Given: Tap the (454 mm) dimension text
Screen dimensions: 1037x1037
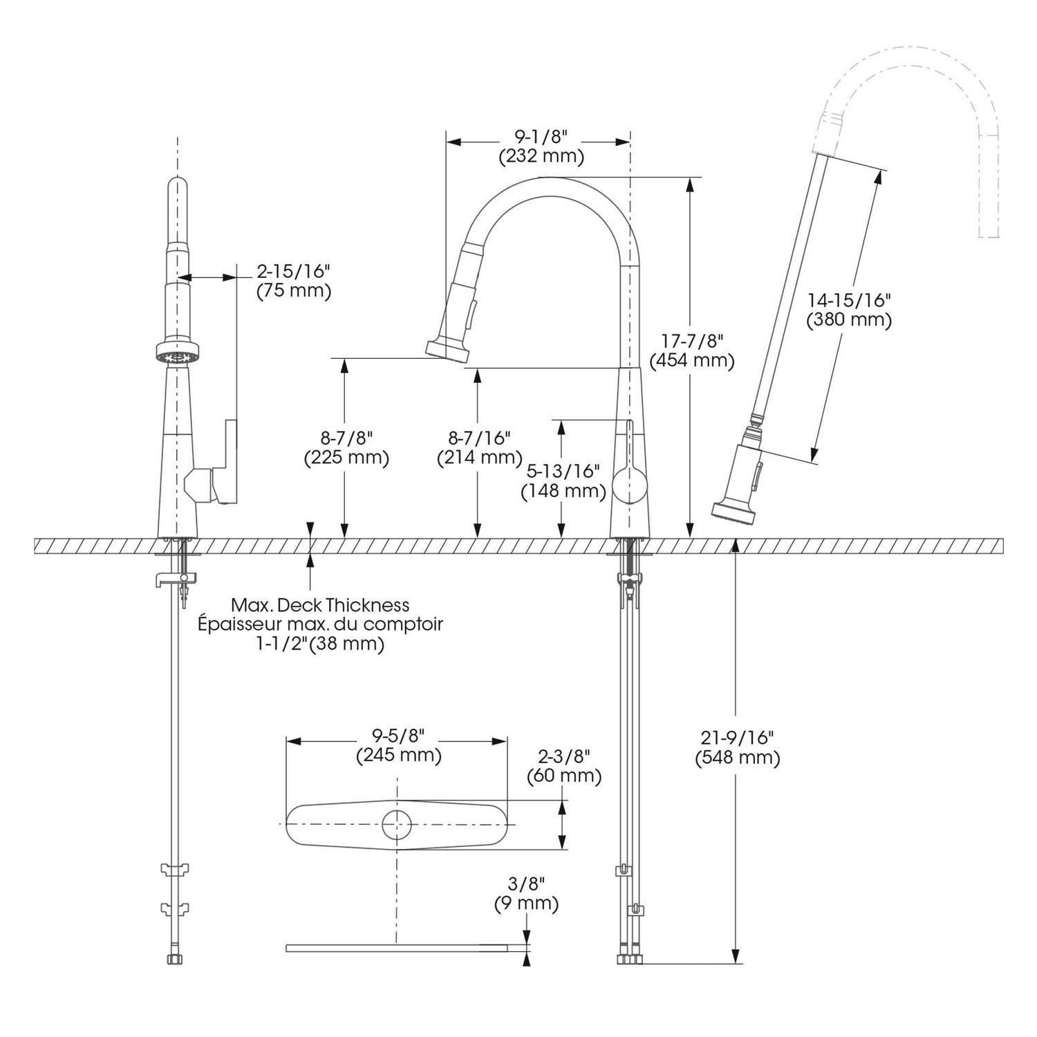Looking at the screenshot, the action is [692, 359].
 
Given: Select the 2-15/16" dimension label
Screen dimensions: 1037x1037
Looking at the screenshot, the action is [294, 270].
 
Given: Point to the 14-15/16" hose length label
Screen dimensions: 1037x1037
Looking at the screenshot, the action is [849, 300].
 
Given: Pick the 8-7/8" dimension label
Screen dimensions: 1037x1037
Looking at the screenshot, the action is [346, 438].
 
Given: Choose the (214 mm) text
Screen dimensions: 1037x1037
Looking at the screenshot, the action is [479, 457].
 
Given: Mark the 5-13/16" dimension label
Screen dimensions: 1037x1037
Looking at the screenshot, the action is [563, 471].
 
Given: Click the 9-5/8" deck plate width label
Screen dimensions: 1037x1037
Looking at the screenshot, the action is [398, 736].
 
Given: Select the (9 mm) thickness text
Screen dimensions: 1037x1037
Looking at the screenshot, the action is [526, 903].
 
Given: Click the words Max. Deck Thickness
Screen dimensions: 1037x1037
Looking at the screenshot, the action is [320, 605].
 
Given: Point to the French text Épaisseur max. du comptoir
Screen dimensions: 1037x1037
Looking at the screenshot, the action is [320, 624].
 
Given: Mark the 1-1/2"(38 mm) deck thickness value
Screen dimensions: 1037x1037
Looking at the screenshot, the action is [321, 644].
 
